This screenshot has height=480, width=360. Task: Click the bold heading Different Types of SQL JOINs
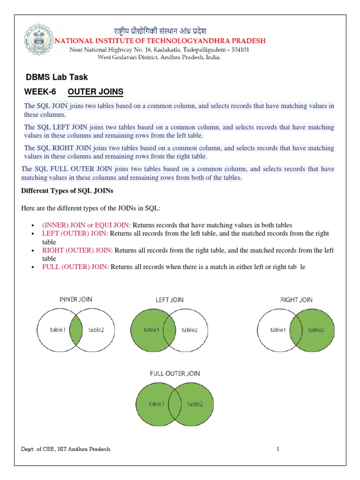[x=67, y=191]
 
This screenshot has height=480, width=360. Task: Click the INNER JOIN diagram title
[x=75, y=299]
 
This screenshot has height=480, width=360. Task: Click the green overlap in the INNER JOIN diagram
[x=76, y=330]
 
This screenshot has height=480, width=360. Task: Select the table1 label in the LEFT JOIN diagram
[x=151, y=330]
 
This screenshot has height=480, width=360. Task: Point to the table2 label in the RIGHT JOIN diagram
[x=315, y=330]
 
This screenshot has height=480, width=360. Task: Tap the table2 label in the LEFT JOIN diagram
[x=190, y=330]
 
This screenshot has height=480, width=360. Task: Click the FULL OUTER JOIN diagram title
[x=175, y=373]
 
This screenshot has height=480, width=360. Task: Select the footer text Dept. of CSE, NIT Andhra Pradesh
[x=66, y=449]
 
